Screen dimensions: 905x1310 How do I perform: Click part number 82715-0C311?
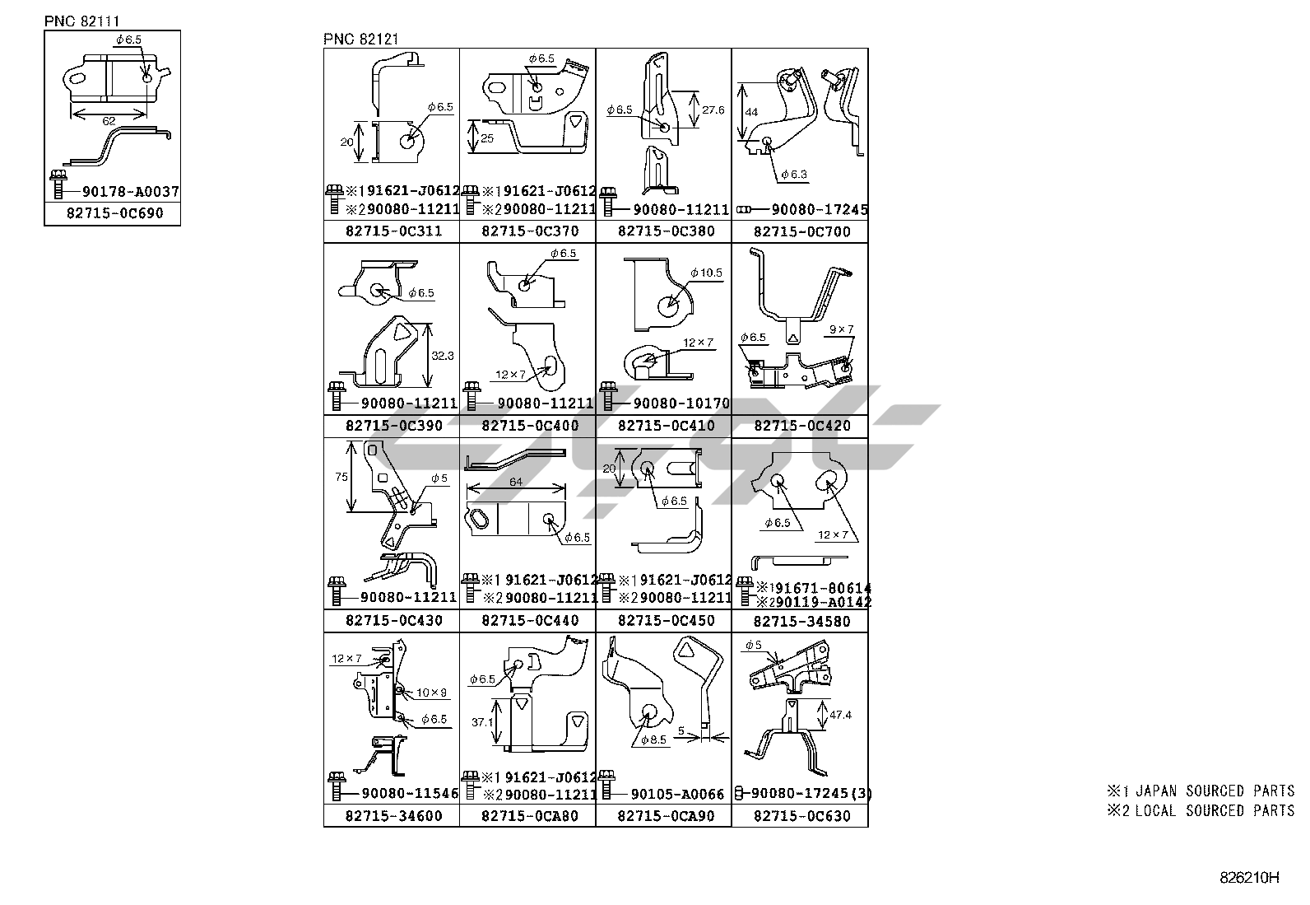coord(393,231)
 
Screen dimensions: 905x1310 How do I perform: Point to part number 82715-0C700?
coord(801,232)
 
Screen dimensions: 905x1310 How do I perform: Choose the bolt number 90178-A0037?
coord(130,193)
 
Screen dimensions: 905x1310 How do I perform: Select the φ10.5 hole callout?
coord(706,273)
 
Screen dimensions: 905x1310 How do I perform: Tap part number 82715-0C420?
coord(801,427)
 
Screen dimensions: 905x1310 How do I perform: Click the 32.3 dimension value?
coord(443,356)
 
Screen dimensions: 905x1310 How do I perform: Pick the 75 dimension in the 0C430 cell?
coord(342,477)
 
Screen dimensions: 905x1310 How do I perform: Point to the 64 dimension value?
coord(516,482)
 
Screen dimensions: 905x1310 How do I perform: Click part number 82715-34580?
coord(801,621)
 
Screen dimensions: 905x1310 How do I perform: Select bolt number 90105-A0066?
coord(677,795)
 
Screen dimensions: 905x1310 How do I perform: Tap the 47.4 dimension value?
coord(840,715)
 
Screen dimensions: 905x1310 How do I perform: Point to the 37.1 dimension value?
coord(482,722)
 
